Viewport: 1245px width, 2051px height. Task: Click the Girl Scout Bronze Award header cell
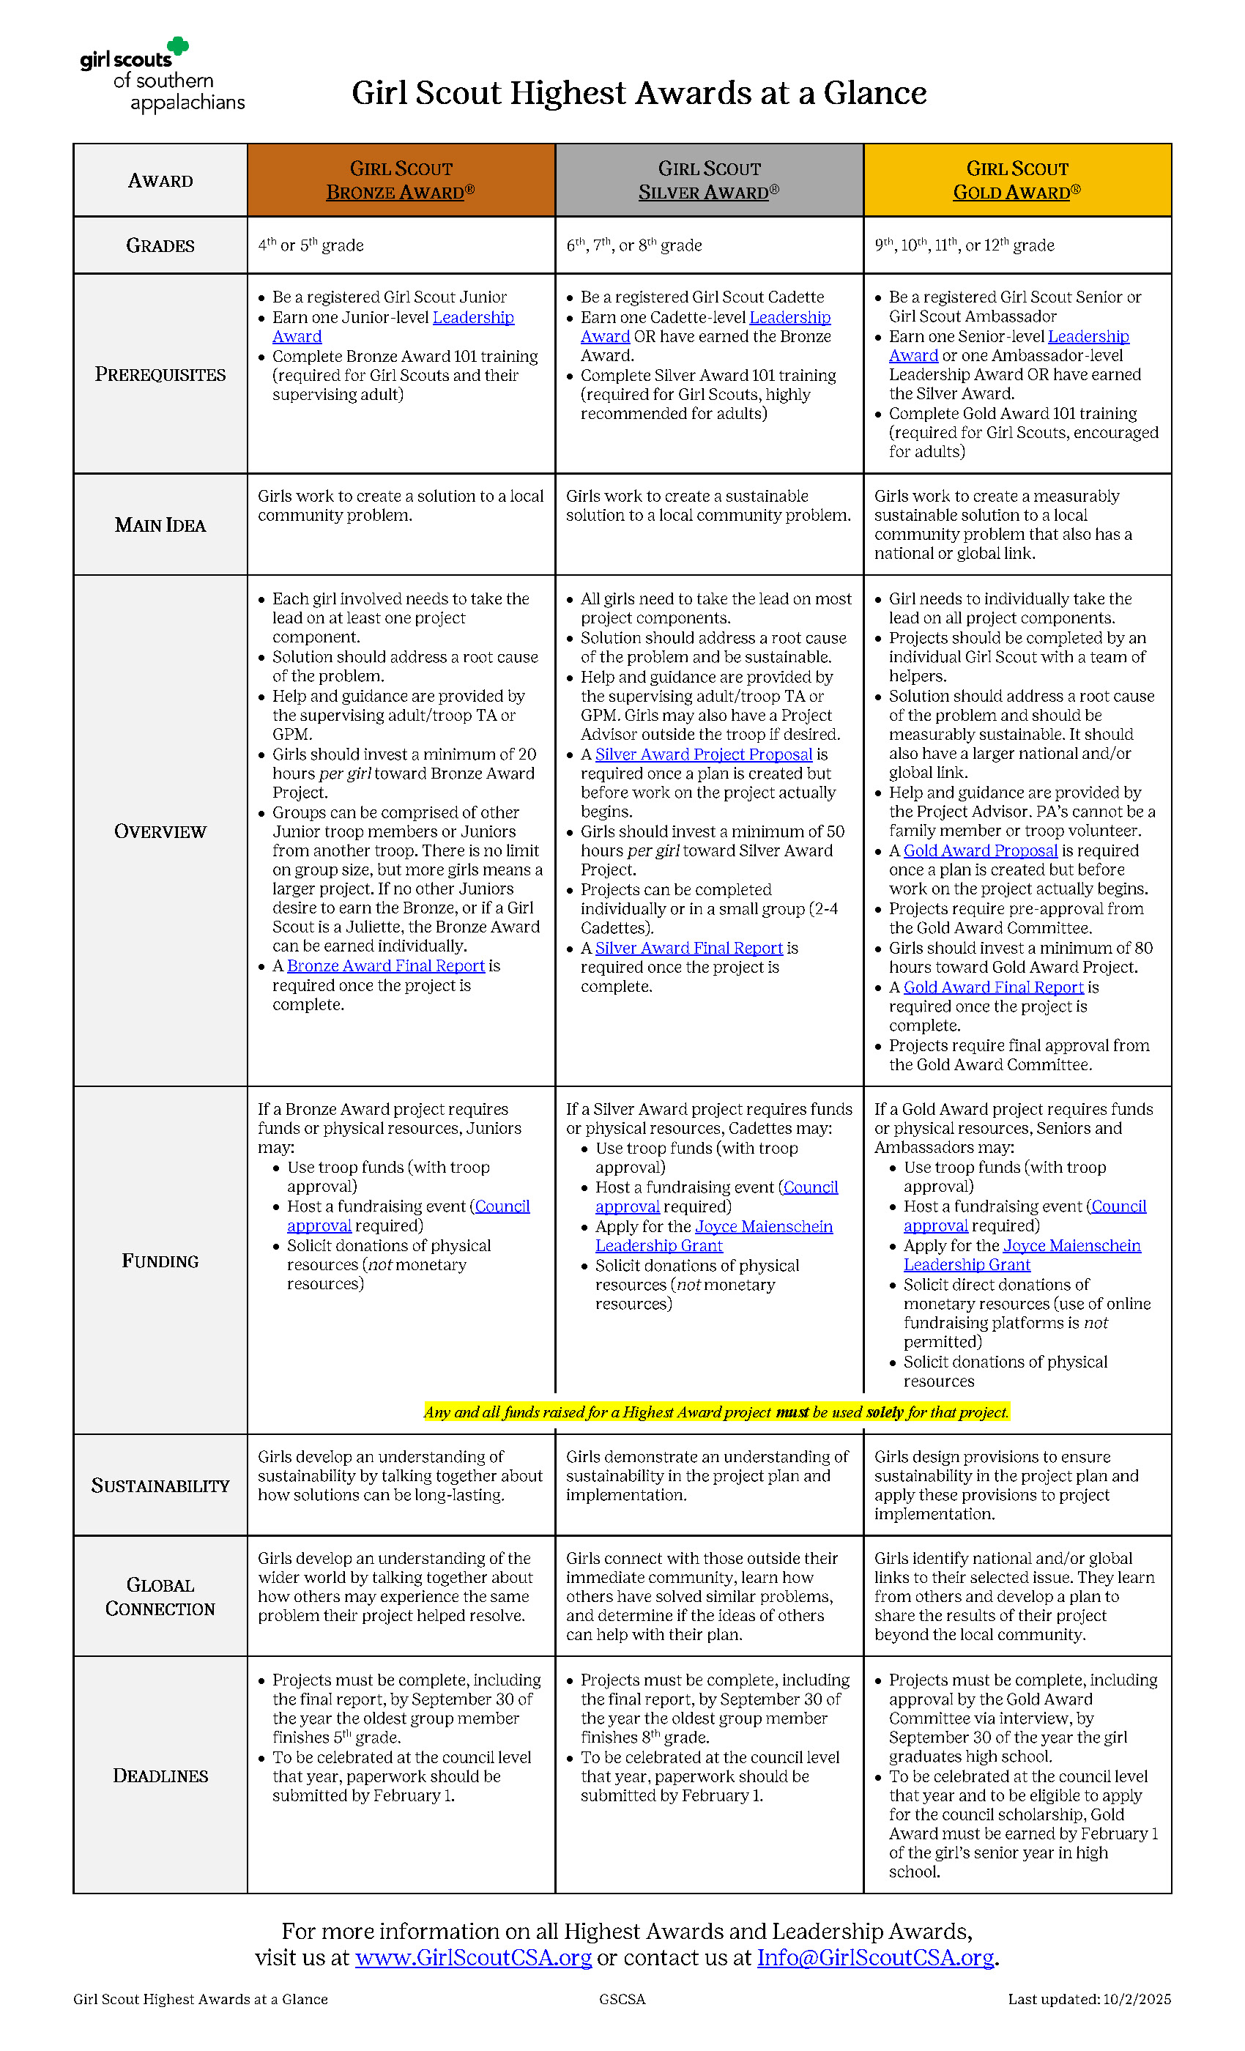tap(401, 179)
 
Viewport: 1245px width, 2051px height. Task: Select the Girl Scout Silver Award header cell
tap(709, 179)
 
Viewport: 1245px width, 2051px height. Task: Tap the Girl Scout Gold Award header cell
tap(1017, 179)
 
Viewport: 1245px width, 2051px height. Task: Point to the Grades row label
tap(160, 245)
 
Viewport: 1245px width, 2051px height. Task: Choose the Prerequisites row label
tap(160, 374)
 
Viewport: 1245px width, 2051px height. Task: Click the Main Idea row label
tap(160, 525)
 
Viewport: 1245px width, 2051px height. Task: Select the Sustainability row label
tap(160, 1486)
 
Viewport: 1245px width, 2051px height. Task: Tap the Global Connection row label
tap(160, 1597)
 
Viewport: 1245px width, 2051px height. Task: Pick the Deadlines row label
tap(160, 1776)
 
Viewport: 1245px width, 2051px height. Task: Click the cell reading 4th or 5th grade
tap(311, 245)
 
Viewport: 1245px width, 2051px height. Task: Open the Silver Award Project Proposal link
tap(703, 754)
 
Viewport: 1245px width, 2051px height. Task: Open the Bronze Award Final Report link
tap(385, 965)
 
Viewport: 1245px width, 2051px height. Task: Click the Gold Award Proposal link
tap(981, 850)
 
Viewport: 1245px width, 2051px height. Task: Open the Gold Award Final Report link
tap(994, 987)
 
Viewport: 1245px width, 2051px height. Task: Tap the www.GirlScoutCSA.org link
tap(472, 1958)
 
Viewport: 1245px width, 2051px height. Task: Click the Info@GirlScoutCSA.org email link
tap(875, 1958)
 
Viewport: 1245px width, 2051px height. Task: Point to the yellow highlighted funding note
tap(716, 1412)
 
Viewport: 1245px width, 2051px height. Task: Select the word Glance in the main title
tap(874, 93)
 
